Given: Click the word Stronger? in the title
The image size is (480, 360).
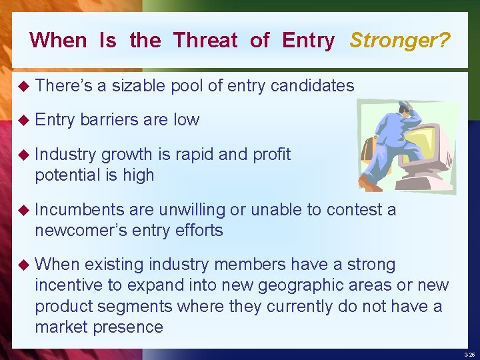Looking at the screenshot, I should [400, 40].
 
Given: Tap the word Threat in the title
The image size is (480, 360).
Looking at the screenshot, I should [205, 40].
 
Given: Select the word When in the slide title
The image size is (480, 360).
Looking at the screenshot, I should [58, 40].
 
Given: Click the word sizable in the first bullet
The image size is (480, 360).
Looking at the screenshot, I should [140, 85].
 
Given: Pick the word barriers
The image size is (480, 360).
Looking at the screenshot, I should [109, 119].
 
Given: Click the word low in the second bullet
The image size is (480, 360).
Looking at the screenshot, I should [186, 119].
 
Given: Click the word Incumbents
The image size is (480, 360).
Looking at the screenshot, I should [79, 209].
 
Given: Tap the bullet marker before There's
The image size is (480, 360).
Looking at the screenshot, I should [23, 85].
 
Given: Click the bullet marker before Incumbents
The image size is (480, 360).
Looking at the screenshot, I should [23, 210].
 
